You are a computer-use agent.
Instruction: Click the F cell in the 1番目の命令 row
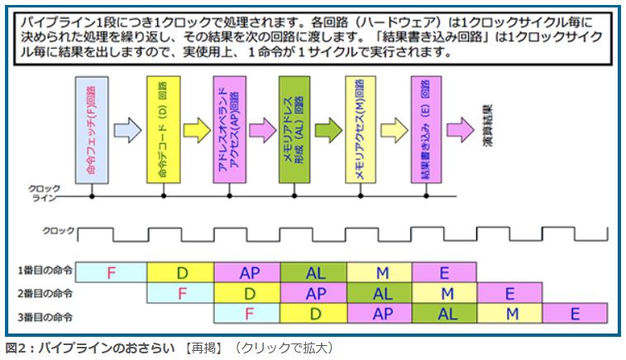coord(113,271)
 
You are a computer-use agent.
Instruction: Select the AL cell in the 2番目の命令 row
coord(381,293)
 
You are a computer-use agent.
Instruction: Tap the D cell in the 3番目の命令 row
coord(314,314)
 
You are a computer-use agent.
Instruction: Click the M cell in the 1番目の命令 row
coord(380,271)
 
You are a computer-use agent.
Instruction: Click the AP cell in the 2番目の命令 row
coord(315,293)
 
